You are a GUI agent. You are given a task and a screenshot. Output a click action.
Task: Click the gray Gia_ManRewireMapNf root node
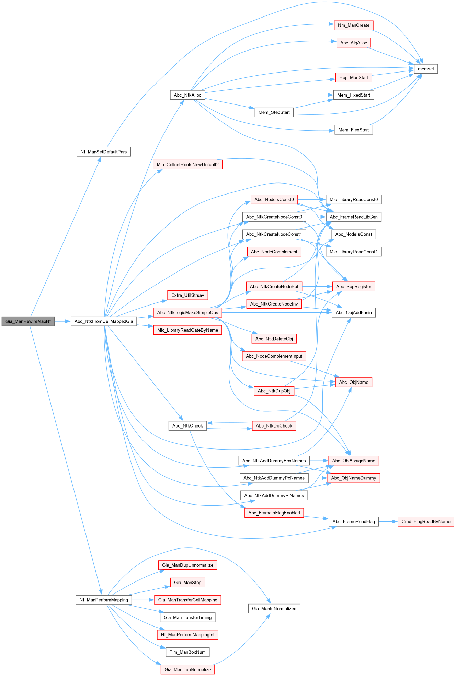pyautogui.click(x=28, y=321)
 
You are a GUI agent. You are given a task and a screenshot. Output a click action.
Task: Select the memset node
pyautogui.click(x=426, y=69)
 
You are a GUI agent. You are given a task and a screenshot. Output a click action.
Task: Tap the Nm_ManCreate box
pyautogui.click(x=353, y=25)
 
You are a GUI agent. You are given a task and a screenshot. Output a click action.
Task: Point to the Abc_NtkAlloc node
pyautogui.click(x=187, y=95)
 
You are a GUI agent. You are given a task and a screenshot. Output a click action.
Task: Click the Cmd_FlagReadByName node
pyautogui.click(x=426, y=521)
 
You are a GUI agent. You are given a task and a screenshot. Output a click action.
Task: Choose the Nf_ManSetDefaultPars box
pyautogui.click(x=103, y=152)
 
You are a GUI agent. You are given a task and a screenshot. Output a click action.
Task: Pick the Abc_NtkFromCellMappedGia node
pyautogui.click(x=104, y=321)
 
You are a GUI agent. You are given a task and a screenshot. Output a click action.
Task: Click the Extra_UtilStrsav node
pyautogui.click(x=187, y=295)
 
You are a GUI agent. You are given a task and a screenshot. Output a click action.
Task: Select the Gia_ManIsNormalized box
pyautogui.click(x=274, y=608)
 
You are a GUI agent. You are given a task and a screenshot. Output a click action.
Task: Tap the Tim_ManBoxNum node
pyautogui.click(x=187, y=652)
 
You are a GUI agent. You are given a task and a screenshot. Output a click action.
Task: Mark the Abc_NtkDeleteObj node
pyautogui.click(x=274, y=339)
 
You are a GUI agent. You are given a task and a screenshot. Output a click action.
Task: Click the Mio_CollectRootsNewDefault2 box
pyautogui.click(x=187, y=164)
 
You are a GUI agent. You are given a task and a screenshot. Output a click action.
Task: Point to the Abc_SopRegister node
pyautogui.click(x=353, y=286)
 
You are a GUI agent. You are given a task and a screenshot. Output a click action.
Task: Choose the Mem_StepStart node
pyautogui.click(x=274, y=112)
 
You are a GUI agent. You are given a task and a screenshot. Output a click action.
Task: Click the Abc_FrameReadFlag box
pyautogui.click(x=353, y=521)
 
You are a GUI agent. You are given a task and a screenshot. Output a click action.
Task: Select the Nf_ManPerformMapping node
pyautogui.click(x=103, y=600)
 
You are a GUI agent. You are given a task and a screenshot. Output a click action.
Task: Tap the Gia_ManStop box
pyautogui.click(x=187, y=582)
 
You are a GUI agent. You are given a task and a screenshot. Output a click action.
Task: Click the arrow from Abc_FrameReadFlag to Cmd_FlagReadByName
pyautogui.click(x=388, y=521)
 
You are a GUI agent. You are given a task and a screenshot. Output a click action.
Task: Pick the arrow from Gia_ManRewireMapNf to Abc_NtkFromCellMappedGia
pyautogui.click(x=62, y=321)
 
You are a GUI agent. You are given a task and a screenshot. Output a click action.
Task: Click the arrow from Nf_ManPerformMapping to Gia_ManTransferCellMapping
pyautogui.click(x=143, y=600)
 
